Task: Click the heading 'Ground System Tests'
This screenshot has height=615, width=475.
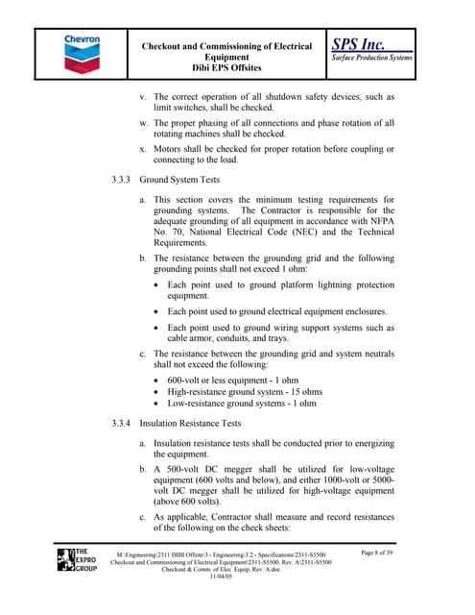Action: (x=179, y=180)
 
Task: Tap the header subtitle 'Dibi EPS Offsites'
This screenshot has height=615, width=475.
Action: (x=226, y=69)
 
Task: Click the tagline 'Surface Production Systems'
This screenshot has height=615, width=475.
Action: (x=371, y=59)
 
